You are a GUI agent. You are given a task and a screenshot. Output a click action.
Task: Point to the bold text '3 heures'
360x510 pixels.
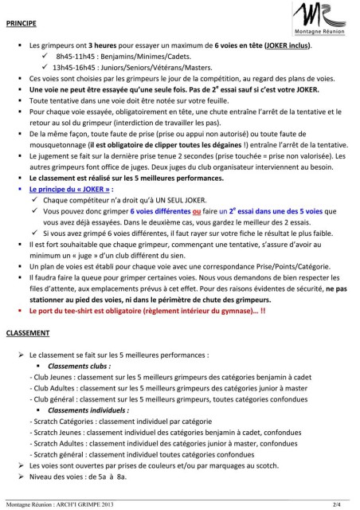(x=100, y=48)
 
